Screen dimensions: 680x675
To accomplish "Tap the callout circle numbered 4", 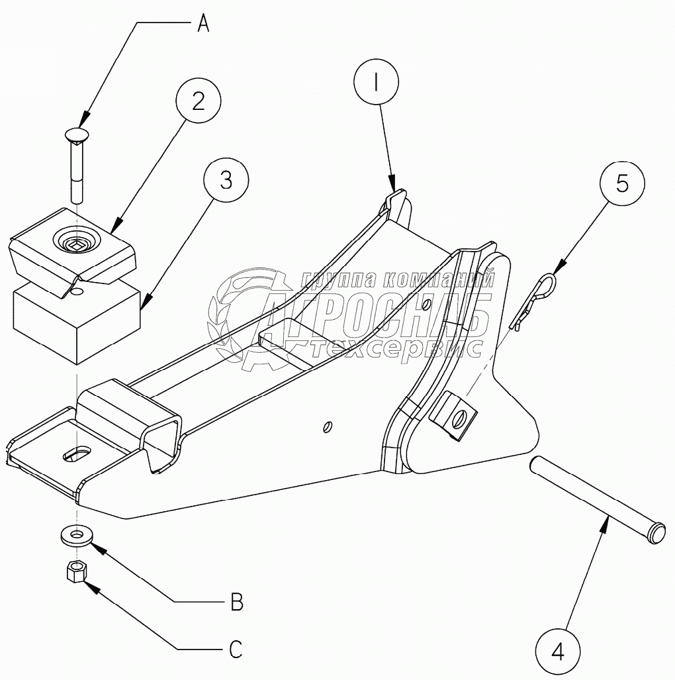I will pos(557,651).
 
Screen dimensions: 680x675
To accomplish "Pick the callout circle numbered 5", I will pos(622,183).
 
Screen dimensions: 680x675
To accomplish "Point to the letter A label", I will pos(204,24).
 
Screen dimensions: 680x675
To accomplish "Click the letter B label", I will pos(236,603).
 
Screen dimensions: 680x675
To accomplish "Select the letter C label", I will pos(236,648).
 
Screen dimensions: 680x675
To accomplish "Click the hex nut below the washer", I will pos(76,570).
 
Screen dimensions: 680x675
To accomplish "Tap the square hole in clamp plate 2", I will pos(75,246).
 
